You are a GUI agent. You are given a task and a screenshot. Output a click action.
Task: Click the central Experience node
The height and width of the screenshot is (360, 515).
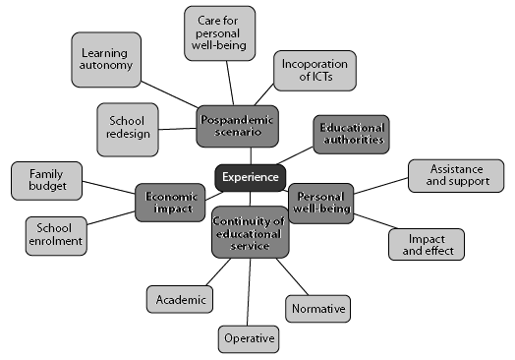250,178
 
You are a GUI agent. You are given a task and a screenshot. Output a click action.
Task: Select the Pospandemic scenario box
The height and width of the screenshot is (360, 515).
237,125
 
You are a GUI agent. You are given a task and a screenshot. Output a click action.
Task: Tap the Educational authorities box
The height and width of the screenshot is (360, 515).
351,134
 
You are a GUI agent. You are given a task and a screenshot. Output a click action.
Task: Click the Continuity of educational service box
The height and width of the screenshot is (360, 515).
250,231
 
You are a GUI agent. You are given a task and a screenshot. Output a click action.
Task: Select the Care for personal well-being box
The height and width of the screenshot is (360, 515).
221,31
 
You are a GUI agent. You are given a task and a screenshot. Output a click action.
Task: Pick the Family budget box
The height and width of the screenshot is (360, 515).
46,180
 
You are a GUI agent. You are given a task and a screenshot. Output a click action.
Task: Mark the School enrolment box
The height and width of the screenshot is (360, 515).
54,233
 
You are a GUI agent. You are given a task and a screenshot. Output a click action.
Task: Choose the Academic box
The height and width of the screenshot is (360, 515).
178,299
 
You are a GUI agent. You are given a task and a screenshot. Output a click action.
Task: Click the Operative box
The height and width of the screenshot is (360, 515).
248,337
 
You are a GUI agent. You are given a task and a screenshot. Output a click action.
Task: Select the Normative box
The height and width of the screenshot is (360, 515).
317,308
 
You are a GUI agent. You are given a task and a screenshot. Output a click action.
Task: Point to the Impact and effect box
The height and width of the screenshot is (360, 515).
426,244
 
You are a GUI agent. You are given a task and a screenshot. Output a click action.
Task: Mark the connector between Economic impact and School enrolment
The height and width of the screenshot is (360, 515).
112,216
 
